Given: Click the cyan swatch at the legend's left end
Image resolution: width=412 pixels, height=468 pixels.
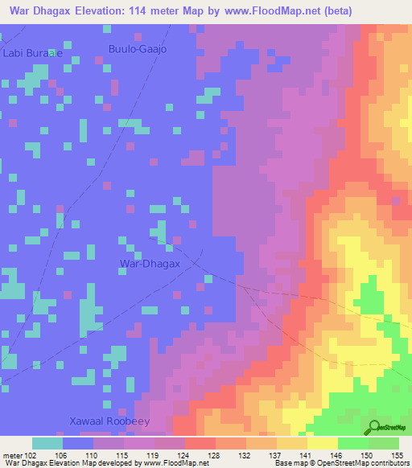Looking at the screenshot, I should (47, 443).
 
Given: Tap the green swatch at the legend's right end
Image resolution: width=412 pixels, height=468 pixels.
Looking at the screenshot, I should (383, 443).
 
